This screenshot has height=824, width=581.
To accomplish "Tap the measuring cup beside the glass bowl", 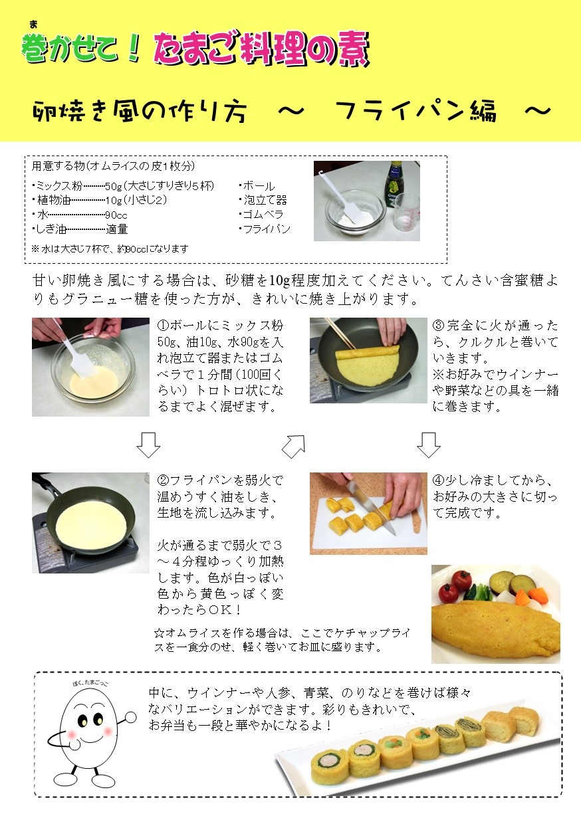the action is click(x=406, y=213).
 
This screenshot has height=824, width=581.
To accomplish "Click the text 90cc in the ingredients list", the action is click(x=116, y=215).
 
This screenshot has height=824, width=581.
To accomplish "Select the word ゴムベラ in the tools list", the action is click(x=263, y=214).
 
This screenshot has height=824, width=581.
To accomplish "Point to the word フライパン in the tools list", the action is click(x=267, y=229).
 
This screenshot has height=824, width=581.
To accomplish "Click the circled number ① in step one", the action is click(x=163, y=326).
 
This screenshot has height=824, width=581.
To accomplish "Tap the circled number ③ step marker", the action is click(x=438, y=326).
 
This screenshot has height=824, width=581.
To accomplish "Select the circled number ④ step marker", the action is click(x=438, y=480).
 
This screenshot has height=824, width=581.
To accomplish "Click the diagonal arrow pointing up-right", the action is click(x=294, y=447).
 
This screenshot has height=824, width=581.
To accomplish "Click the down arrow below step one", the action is click(x=148, y=445).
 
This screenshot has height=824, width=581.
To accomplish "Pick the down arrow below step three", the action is click(x=429, y=445).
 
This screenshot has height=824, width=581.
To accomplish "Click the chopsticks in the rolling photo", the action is click(x=340, y=334).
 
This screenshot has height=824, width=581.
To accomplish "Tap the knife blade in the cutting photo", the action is click(x=370, y=506).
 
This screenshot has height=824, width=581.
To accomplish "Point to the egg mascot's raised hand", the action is click(x=130, y=717).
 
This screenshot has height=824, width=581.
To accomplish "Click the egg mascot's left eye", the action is click(x=83, y=721).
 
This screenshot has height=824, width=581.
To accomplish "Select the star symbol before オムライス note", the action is click(x=160, y=633).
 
